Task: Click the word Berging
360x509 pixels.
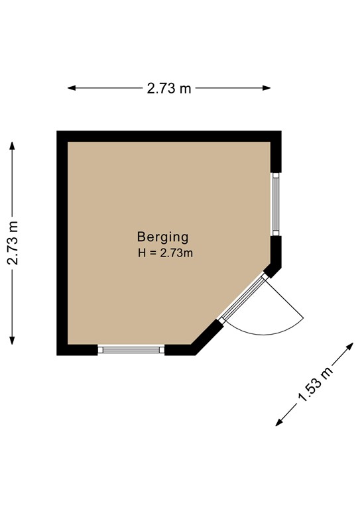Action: tap(163, 237)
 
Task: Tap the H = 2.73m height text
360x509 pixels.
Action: tap(165, 253)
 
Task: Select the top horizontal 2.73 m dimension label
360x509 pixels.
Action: tap(169, 88)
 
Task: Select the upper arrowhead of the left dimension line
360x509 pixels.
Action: tap(13, 142)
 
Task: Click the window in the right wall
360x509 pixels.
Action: tap(276, 203)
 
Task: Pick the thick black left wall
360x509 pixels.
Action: tap(62, 243)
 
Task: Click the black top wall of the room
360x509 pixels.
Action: tap(169, 137)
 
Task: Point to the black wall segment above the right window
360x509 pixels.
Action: tap(276, 156)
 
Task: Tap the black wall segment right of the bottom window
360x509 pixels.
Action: tap(180, 349)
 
